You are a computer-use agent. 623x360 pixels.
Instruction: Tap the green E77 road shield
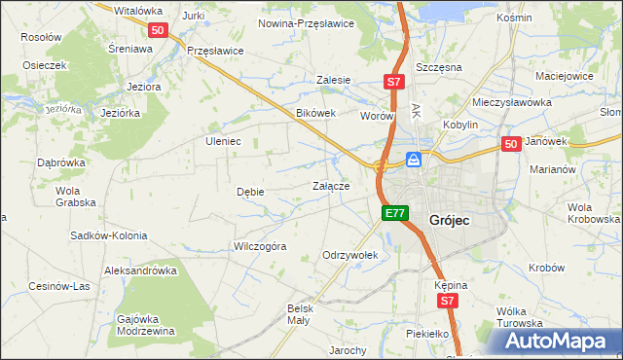(393, 213)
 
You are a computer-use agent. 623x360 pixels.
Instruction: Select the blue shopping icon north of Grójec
(414, 160)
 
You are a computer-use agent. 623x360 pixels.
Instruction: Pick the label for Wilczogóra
(259, 246)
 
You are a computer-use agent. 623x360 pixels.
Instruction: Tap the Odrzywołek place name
(349, 255)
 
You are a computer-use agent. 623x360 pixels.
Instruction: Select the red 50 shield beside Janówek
(512, 144)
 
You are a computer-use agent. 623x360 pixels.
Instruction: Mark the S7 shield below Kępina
(447, 302)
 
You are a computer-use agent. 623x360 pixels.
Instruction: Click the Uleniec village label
(222, 141)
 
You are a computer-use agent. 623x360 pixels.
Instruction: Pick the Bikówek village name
(315, 113)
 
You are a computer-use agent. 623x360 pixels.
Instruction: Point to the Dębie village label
(250, 192)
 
